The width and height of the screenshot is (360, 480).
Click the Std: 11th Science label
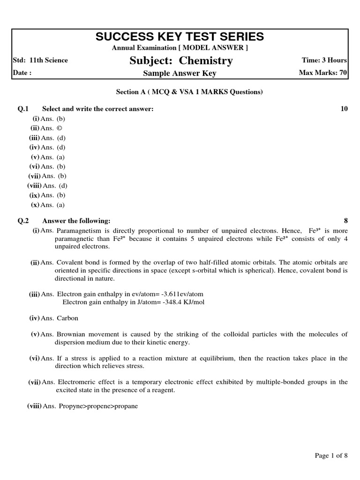point(40,60)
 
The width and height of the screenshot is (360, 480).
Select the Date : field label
point(22,73)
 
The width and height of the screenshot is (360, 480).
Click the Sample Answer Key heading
point(180,74)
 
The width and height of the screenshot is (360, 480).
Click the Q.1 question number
point(23,109)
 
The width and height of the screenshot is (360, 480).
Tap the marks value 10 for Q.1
point(344,109)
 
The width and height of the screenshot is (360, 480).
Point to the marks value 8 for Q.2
point(346,221)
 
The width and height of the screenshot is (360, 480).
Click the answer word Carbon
point(67,318)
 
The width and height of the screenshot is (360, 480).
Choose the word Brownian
point(71,334)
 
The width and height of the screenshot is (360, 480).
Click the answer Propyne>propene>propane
point(98,406)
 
